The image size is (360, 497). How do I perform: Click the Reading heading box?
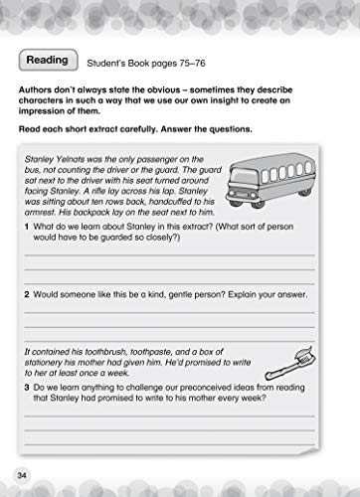[x=48, y=61]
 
